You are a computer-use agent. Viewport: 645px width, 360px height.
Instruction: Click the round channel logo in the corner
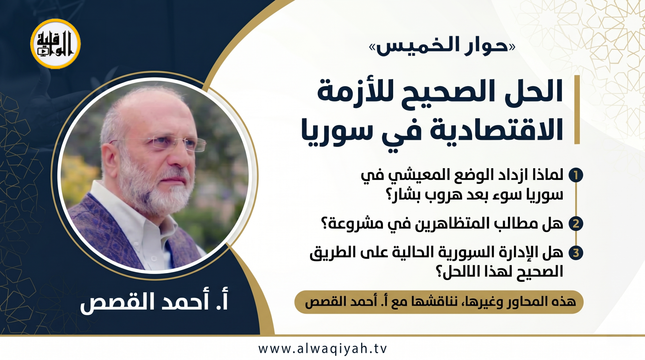(x=55, y=44)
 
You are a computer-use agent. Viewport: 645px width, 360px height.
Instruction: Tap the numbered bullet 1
(x=576, y=175)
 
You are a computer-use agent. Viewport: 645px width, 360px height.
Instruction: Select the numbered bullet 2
(x=576, y=224)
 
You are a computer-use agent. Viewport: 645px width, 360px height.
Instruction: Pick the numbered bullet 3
(x=576, y=253)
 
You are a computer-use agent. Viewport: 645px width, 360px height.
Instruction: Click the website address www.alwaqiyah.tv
(x=322, y=349)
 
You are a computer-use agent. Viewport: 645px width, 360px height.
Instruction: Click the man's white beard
(x=158, y=188)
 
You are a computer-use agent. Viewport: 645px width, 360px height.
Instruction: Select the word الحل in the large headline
(x=534, y=91)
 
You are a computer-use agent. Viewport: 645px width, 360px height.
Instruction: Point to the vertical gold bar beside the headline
(x=577, y=110)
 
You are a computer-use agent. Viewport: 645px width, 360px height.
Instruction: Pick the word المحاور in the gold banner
(x=529, y=302)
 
